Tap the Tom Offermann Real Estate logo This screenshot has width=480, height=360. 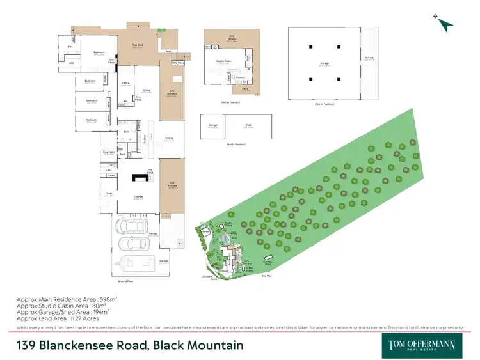(422, 345)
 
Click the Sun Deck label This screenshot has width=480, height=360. (138, 45)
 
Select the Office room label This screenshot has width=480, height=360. (126, 84)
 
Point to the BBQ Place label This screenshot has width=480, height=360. (177, 63)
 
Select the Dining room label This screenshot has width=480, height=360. (170, 138)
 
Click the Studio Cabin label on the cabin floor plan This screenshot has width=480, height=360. (224, 61)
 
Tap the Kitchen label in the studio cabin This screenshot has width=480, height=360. (241, 77)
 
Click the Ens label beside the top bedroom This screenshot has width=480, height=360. (70, 47)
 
